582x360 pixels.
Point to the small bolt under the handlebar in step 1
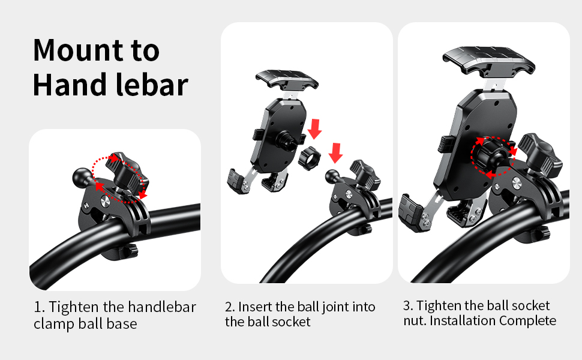[131, 248]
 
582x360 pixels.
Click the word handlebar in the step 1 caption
[162, 307]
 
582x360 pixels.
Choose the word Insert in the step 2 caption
[255, 307]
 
